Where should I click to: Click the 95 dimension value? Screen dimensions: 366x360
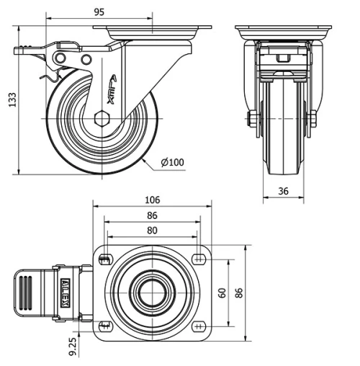pyautogui.click(x=99, y=12)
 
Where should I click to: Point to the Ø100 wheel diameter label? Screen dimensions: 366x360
pyautogui.click(x=172, y=162)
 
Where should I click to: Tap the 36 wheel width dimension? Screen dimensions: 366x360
pyautogui.click(x=284, y=190)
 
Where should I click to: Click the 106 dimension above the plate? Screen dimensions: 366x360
pyautogui.click(x=152, y=200)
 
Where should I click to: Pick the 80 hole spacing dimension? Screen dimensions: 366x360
pyautogui.click(x=152, y=231)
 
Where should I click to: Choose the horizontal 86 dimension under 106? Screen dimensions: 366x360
pyautogui.click(x=152, y=215)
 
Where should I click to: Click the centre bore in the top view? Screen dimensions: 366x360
pyautogui.click(x=152, y=293)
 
